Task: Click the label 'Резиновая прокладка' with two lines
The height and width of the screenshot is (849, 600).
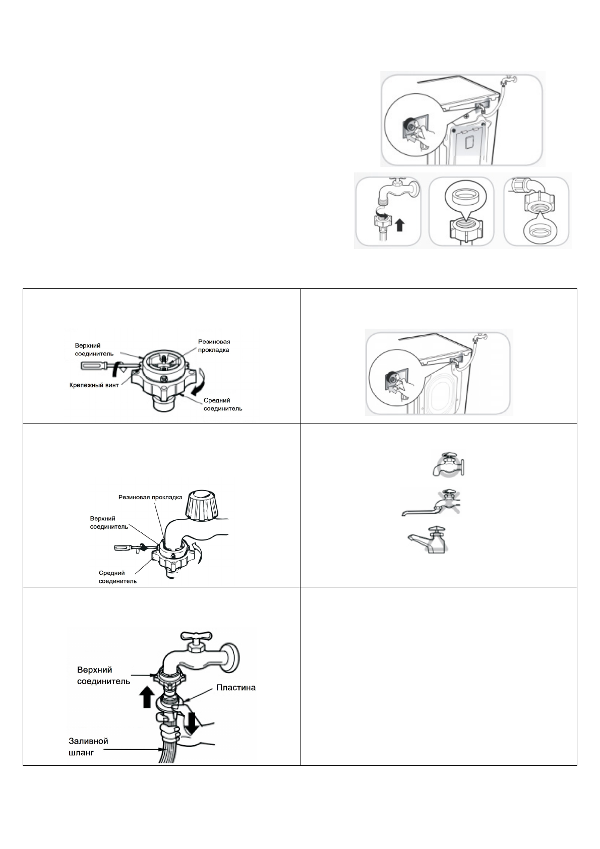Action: pos(214,346)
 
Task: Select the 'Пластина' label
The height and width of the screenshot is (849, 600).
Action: pos(236,687)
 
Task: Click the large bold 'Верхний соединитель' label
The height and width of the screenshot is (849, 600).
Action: pos(103,676)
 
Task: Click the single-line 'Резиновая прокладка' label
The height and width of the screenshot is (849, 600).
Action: pos(150,497)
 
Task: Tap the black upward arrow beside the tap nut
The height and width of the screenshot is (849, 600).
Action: pos(399,224)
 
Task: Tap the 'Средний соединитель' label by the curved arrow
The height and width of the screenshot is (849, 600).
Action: pos(222,404)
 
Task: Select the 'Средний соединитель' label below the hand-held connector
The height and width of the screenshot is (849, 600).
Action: pos(117,577)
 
